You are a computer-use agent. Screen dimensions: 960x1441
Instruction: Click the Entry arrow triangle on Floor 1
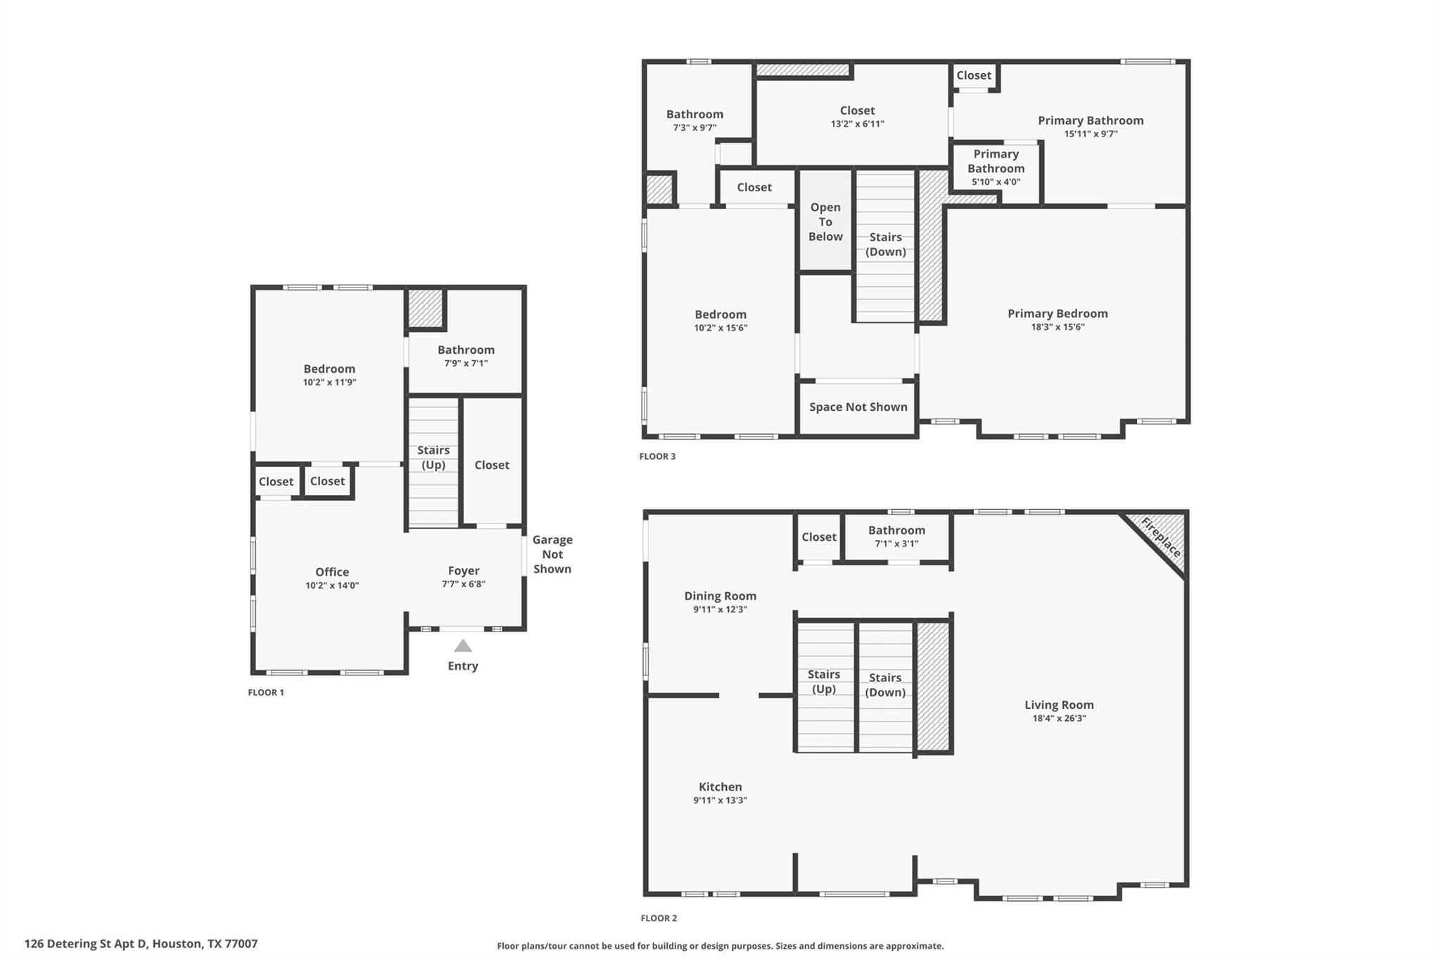pyautogui.click(x=462, y=646)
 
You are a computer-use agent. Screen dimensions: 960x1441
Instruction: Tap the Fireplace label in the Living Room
pyautogui.click(x=1160, y=537)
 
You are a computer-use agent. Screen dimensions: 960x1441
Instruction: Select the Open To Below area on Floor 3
pyautogui.click(x=825, y=222)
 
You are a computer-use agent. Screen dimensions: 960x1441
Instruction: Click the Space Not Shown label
pyautogui.click(x=858, y=407)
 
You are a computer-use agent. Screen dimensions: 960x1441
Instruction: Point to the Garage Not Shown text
pyautogui.click(x=552, y=554)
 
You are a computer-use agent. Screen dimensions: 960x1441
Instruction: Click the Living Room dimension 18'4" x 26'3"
pyautogui.click(x=1058, y=718)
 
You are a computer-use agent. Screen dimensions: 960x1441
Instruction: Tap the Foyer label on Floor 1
pyautogui.click(x=463, y=570)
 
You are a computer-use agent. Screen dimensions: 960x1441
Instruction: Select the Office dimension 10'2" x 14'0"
pyautogui.click(x=332, y=585)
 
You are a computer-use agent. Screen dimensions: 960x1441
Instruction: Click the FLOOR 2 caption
pyautogui.click(x=659, y=918)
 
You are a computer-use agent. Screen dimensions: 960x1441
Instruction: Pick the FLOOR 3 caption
pyautogui.click(x=657, y=456)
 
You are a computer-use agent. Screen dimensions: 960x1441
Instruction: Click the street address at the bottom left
pyautogui.click(x=141, y=944)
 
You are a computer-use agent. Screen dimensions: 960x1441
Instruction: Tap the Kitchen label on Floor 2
pyautogui.click(x=720, y=787)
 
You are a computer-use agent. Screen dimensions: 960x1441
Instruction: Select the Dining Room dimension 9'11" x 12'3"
pyautogui.click(x=720, y=609)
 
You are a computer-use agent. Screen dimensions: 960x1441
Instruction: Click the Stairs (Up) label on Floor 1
pyautogui.click(x=433, y=457)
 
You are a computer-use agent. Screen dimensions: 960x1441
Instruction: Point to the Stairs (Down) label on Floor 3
pyautogui.click(x=885, y=244)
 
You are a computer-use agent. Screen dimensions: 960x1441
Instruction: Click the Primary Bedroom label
pyautogui.click(x=1057, y=314)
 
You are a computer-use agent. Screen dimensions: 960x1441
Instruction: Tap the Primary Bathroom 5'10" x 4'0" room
pyautogui.click(x=996, y=167)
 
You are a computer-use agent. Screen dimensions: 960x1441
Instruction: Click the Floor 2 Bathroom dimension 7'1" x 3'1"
pyautogui.click(x=896, y=543)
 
